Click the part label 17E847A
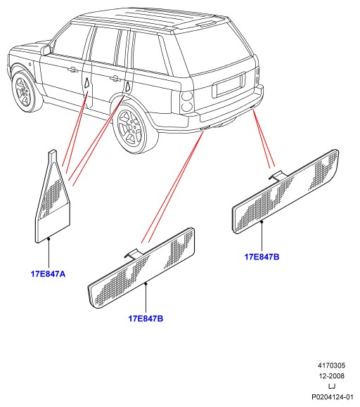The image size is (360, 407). [x=49, y=274]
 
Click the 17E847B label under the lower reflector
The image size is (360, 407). [x=146, y=318]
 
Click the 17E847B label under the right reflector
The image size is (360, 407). [x=262, y=257]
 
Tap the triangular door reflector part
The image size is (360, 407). [x=53, y=198]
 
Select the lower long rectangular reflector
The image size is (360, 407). [x=141, y=269]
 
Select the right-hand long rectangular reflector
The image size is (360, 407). [x=285, y=192]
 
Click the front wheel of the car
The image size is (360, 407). [x=25, y=91]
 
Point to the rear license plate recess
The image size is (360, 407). [x=229, y=85]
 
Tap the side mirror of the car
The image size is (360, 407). [x=46, y=50]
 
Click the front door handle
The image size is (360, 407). [x=72, y=70]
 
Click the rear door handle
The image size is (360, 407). [x=115, y=77]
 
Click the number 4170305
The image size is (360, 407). [x=332, y=366]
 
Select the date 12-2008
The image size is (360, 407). [x=332, y=376]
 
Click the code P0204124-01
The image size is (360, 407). [x=333, y=397]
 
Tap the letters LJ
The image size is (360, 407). [x=332, y=386]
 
